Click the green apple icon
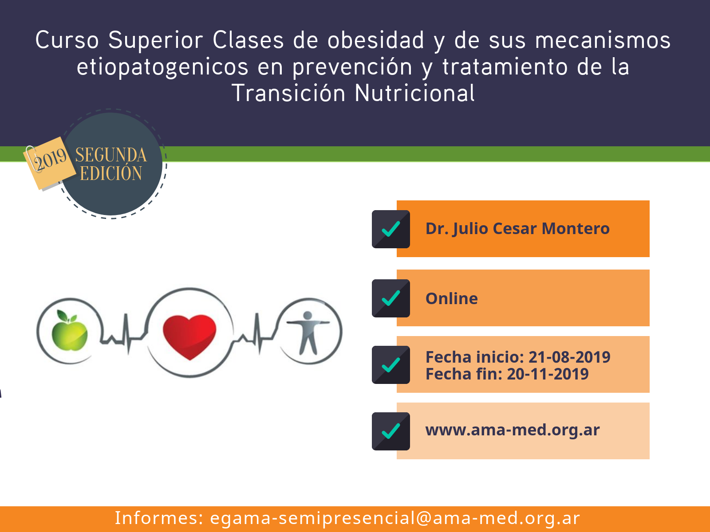pyautogui.click(x=70, y=331)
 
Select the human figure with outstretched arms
pyautogui.click(x=308, y=332)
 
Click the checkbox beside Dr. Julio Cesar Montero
pyautogui.click(x=391, y=229)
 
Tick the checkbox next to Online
pyautogui.click(x=391, y=298)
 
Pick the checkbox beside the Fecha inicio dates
pyautogui.click(x=391, y=365)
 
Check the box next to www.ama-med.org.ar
pyautogui.click(x=391, y=431)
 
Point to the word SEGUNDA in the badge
pyautogui.click(x=111, y=155)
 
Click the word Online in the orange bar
pyautogui.click(x=452, y=298)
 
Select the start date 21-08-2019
pyautogui.click(x=569, y=357)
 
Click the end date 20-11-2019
pyautogui.click(x=548, y=374)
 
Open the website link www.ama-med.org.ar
pyautogui.click(x=513, y=430)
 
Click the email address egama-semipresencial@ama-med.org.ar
pyautogui.click(x=395, y=518)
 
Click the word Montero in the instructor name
pyautogui.click(x=576, y=229)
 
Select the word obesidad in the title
pyautogui.click(x=375, y=40)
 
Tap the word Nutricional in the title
pyautogui.click(x=414, y=93)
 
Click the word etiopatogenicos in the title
pyautogui.click(x=162, y=67)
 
